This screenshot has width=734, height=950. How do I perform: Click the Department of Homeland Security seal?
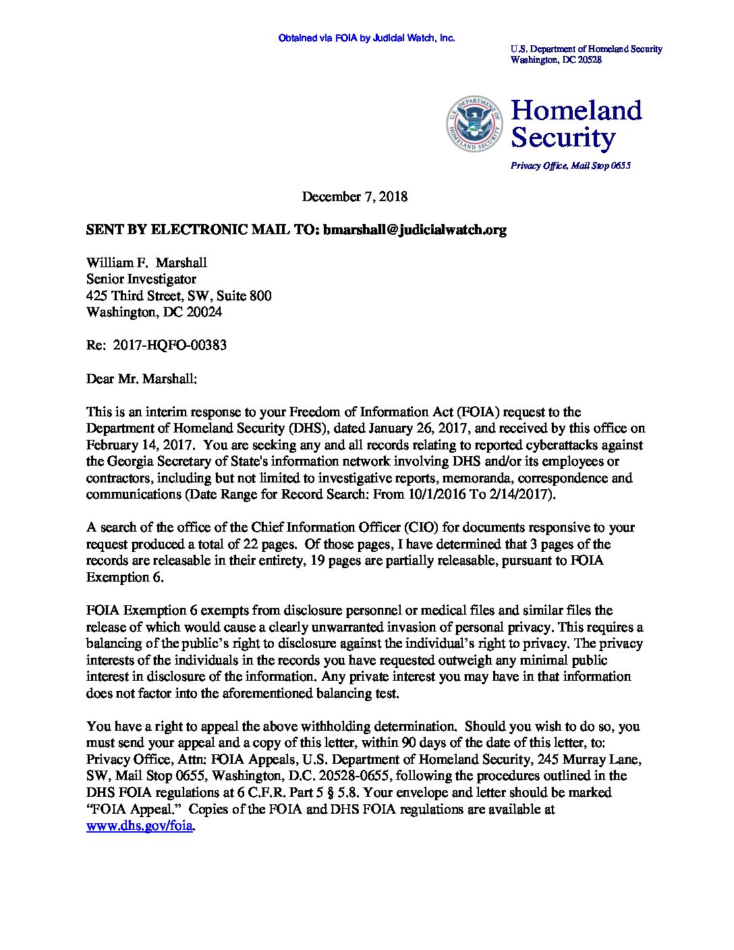[x=474, y=123]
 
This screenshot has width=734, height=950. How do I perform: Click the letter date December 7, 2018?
[x=354, y=196]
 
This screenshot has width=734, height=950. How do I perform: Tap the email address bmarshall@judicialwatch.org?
[x=414, y=229]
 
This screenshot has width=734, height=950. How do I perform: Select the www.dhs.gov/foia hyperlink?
[x=140, y=826]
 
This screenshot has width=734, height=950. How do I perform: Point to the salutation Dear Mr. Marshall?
[x=142, y=379]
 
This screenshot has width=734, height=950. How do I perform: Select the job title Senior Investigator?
[x=141, y=279]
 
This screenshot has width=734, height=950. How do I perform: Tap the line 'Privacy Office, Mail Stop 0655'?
[x=570, y=166]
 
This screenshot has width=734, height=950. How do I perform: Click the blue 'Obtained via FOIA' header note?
[x=366, y=38]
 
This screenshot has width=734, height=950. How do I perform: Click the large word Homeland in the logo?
[x=576, y=110]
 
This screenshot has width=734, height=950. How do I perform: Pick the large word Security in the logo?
[x=563, y=138]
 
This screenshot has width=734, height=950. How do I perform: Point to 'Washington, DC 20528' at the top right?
[x=556, y=59]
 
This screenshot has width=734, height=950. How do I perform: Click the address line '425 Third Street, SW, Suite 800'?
[x=179, y=296]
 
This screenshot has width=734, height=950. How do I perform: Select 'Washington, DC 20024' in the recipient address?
[x=154, y=312]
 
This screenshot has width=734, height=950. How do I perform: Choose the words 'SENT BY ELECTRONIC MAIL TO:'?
[x=202, y=229]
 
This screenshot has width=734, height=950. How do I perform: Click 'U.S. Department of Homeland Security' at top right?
[x=586, y=49]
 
